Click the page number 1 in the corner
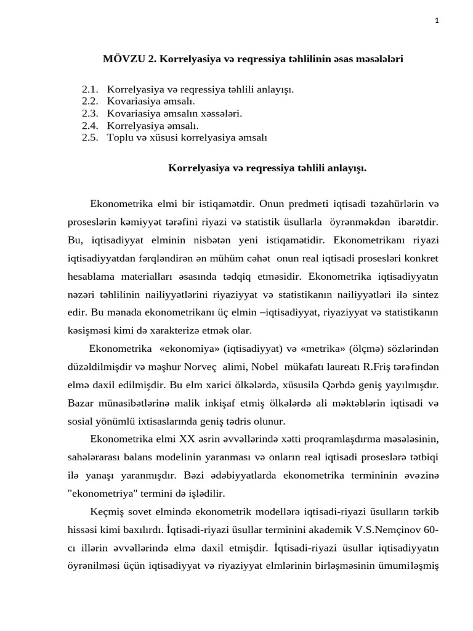tap(436, 20)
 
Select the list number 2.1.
tap(90, 90)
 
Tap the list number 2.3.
tap(90, 114)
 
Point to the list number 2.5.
tap(90, 138)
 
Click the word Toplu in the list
tap(119, 138)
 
